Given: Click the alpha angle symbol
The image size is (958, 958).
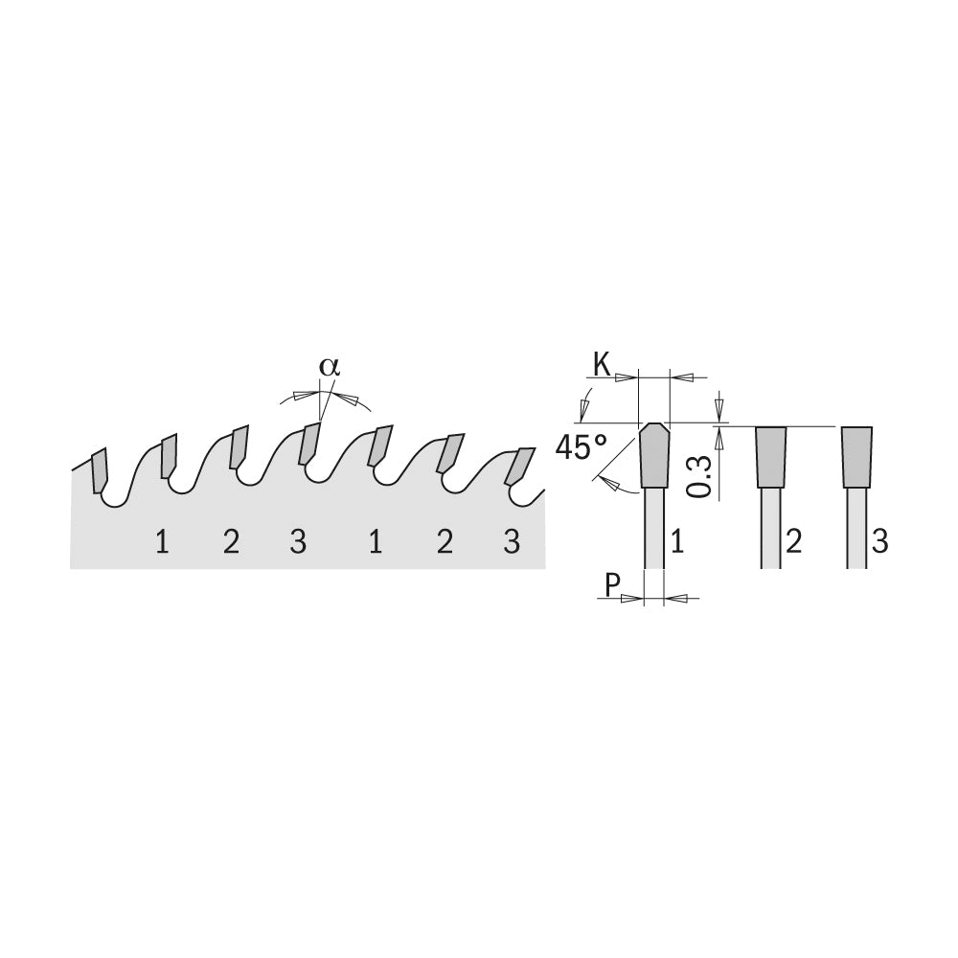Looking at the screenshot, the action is click(x=330, y=367).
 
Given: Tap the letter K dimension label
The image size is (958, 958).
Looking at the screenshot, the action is click(x=603, y=367).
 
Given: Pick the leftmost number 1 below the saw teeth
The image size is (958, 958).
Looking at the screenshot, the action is click(x=162, y=542).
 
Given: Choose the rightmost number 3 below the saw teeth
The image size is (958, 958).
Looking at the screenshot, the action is click(x=512, y=542).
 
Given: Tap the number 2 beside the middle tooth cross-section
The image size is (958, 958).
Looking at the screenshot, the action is click(x=793, y=542).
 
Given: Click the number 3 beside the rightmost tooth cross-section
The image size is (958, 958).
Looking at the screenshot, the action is click(x=879, y=542).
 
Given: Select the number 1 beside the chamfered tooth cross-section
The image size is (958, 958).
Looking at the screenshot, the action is click(x=677, y=542).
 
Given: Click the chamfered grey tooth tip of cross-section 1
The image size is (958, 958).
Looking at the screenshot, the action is click(x=653, y=455).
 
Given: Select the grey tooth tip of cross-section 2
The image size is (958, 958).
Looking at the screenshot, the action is click(x=770, y=457).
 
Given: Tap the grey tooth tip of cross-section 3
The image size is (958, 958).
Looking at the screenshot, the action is click(x=856, y=457).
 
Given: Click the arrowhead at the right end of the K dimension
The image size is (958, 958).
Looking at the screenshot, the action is click(x=681, y=378).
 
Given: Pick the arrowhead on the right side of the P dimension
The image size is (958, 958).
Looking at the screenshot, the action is click(x=673, y=598).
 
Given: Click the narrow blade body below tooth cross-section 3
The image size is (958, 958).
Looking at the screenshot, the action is click(x=856, y=529).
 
